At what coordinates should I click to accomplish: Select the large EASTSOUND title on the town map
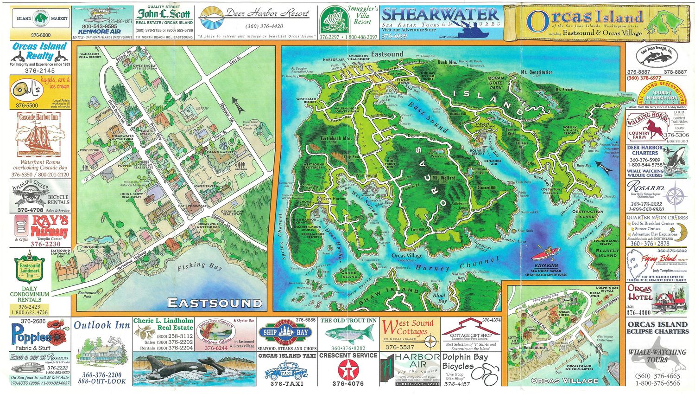tap(215, 304)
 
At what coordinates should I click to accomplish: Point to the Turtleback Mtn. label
tap(335, 139)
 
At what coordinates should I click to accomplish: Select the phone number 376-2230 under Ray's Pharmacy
tap(45, 244)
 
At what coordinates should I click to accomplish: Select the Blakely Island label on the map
tap(607, 253)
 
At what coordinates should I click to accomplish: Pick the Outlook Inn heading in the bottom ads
tap(102, 325)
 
